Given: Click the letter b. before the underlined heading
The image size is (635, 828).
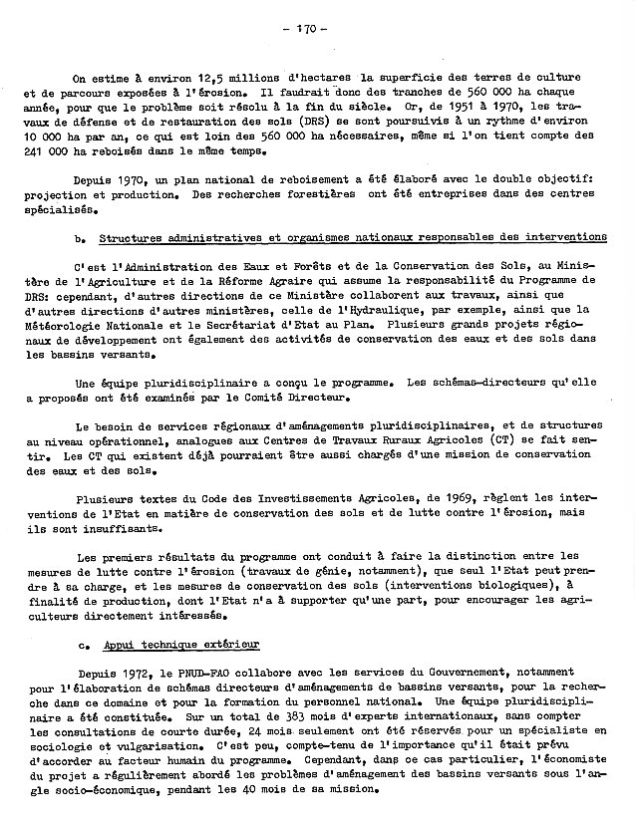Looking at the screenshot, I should tap(79, 238).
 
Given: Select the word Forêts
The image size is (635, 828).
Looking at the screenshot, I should tap(263, 269).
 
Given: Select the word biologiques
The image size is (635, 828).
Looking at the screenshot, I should tap(552, 588).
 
